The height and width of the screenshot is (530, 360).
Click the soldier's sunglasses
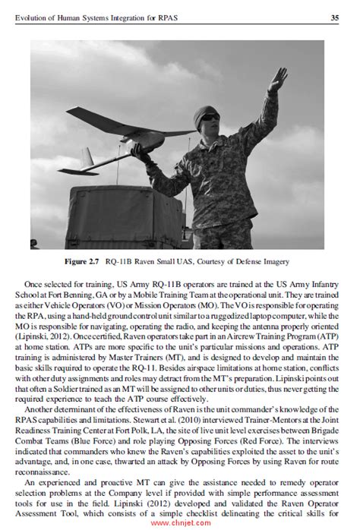pyautogui.click(x=208, y=118)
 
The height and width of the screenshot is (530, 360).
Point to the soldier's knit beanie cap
pyautogui.click(x=206, y=111)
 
